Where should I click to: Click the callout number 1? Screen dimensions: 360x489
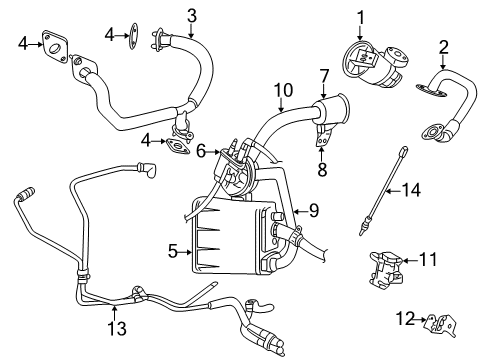point(361,15)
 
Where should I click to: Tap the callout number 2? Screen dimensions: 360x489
point(443,46)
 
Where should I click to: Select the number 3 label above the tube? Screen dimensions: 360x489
point(192,13)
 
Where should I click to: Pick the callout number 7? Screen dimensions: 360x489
point(323,75)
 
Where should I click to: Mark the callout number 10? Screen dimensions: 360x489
point(283,88)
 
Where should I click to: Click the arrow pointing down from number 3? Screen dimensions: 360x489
point(192,27)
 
